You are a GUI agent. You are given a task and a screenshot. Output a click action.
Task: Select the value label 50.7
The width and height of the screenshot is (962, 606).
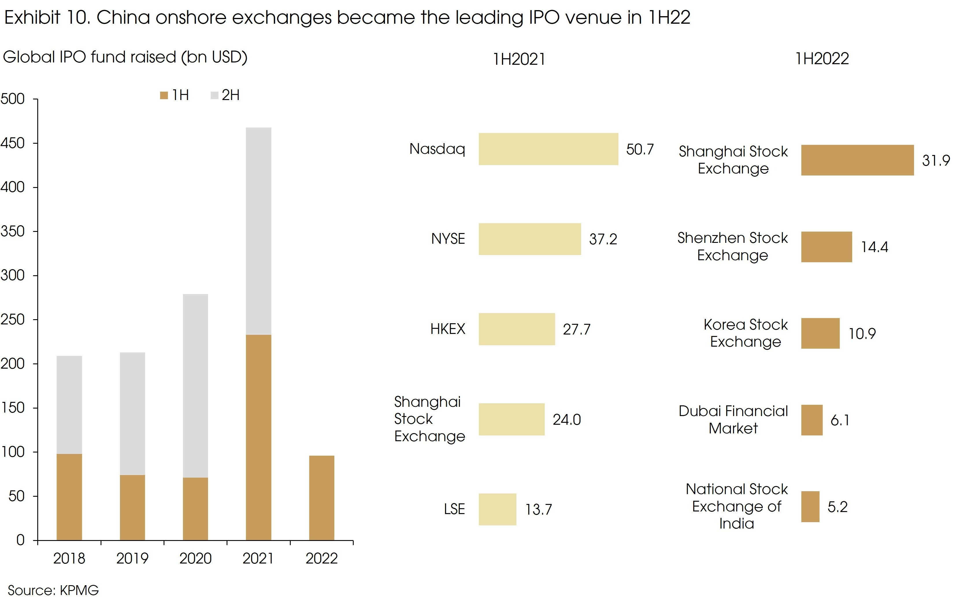point(640,149)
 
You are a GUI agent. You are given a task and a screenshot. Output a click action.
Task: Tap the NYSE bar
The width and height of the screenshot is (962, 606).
point(530,239)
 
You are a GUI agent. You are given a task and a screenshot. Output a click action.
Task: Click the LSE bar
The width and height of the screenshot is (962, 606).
point(497,509)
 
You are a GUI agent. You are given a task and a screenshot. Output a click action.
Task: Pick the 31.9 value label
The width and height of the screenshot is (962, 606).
point(936,160)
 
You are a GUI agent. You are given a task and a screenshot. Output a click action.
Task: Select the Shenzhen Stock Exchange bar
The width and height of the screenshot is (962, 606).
point(826,247)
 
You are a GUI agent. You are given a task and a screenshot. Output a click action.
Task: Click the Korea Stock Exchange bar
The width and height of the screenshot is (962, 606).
point(820,333)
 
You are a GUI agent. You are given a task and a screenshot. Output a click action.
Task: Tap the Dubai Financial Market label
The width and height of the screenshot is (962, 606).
point(733,419)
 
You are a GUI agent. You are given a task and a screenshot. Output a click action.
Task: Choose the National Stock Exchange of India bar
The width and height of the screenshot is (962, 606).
point(810,507)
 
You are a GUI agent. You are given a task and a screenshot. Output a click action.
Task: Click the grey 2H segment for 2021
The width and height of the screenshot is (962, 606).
point(258,231)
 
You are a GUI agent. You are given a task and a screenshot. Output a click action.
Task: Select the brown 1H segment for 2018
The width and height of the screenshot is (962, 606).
point(69,497)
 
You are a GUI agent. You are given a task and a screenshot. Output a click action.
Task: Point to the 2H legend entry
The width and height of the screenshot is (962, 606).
point(225,95)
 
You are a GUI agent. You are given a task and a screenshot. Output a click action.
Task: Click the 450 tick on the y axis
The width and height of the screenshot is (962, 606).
point(13,143)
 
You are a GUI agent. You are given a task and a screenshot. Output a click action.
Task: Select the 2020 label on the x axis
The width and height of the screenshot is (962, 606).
point(195,558)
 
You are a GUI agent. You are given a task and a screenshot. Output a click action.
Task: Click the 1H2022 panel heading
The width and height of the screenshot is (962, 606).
point(822,59)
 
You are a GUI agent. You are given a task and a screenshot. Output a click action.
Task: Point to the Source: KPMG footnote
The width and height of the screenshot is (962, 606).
point(53,590)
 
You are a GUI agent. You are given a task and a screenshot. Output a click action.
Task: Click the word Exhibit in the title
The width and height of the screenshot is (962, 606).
point(32,18)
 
